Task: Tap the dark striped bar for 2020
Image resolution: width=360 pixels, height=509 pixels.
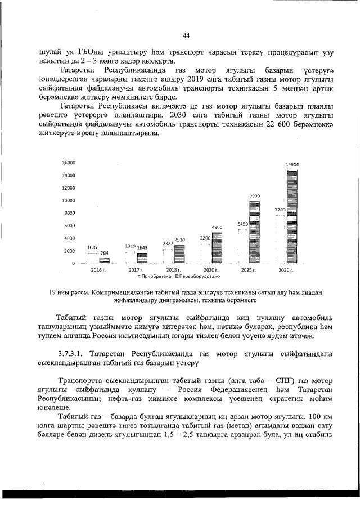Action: pyautogui.click(x=217, y=248)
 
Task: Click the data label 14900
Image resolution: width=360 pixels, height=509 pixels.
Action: pyautogui.click(x=292, y=164)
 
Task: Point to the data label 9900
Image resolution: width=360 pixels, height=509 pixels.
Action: pyautogui.click(x=255, y=196)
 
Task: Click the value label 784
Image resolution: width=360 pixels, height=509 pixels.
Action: pyautogui.click(x=105, y=254)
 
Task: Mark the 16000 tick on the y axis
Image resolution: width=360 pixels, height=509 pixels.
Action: pyautogui.click(x=68, y=162)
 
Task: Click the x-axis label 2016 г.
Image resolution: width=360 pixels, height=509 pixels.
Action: pyautogui.click(x=99, y=271)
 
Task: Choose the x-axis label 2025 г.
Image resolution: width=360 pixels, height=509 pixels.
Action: pyautogui.click(x=249, y=271)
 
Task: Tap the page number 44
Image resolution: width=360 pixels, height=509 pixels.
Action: pyautogui.click(x=186, y=36)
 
